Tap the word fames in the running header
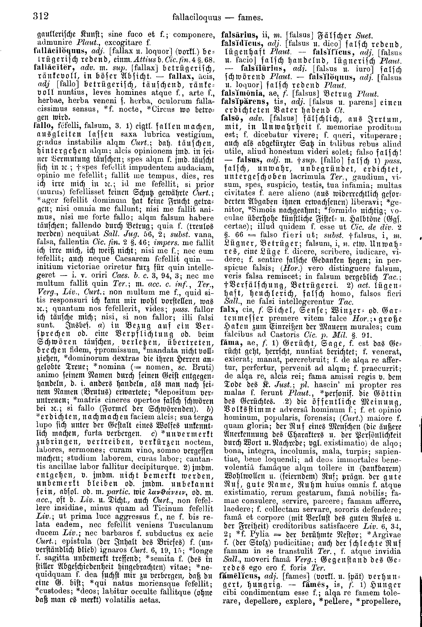click(x=250, y=18)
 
